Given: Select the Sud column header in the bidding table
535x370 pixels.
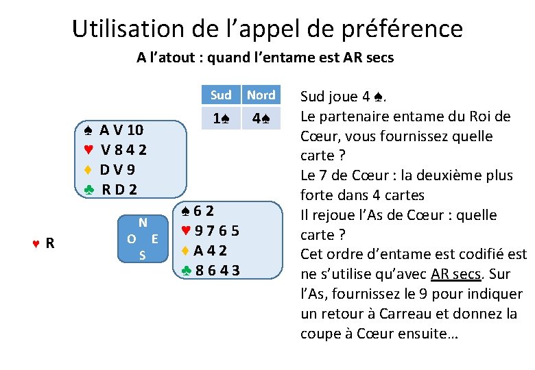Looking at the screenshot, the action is pyautogui.click(x=221, y=95).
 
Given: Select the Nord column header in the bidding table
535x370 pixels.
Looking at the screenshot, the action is pyautogui.click(x=261, y=95).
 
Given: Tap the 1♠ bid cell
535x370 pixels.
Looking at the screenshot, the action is pyautogui.click(x=221, y=119).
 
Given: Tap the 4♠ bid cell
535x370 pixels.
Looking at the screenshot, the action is pyautogui.click(x=261, y=119).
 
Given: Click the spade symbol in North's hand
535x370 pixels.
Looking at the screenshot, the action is pyautogui.click(x=88, y=130).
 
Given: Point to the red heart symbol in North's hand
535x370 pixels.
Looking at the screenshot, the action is pyautogui.click(x=88, y=149).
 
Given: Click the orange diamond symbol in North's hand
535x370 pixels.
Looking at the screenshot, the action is pyautogui.click(x=88, y=169).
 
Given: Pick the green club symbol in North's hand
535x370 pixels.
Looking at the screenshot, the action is pyautogui.click(x=88, y=189).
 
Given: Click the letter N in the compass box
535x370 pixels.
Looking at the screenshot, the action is pyautogui.click(x=143, y=222).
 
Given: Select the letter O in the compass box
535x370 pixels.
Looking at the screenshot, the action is pyautogui.click(x=130, y=239).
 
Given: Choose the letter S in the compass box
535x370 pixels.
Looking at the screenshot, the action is pyautogui.click(x=142, y=256).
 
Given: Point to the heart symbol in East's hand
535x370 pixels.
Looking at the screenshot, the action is pyautogui.click(x=186, y=232).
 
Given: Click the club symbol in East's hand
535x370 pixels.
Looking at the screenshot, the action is pyautogui.click(x=187, y=270).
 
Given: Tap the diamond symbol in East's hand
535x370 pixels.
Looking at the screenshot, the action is pyautogui.click(x=186, y=251).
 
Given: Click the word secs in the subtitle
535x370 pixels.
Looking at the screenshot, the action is pyautogui.click(x=378, y=58).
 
